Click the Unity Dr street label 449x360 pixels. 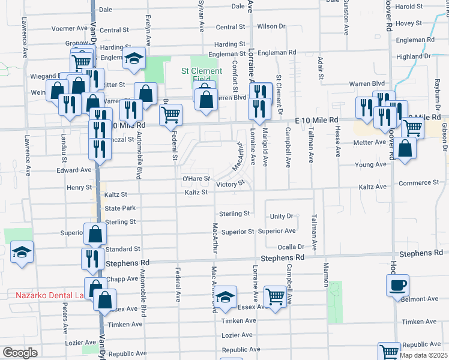281,216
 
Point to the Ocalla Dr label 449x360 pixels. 291,247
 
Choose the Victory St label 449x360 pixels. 231,185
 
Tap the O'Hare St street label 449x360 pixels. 196,179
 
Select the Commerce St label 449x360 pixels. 421,183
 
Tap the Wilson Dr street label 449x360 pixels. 271,26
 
